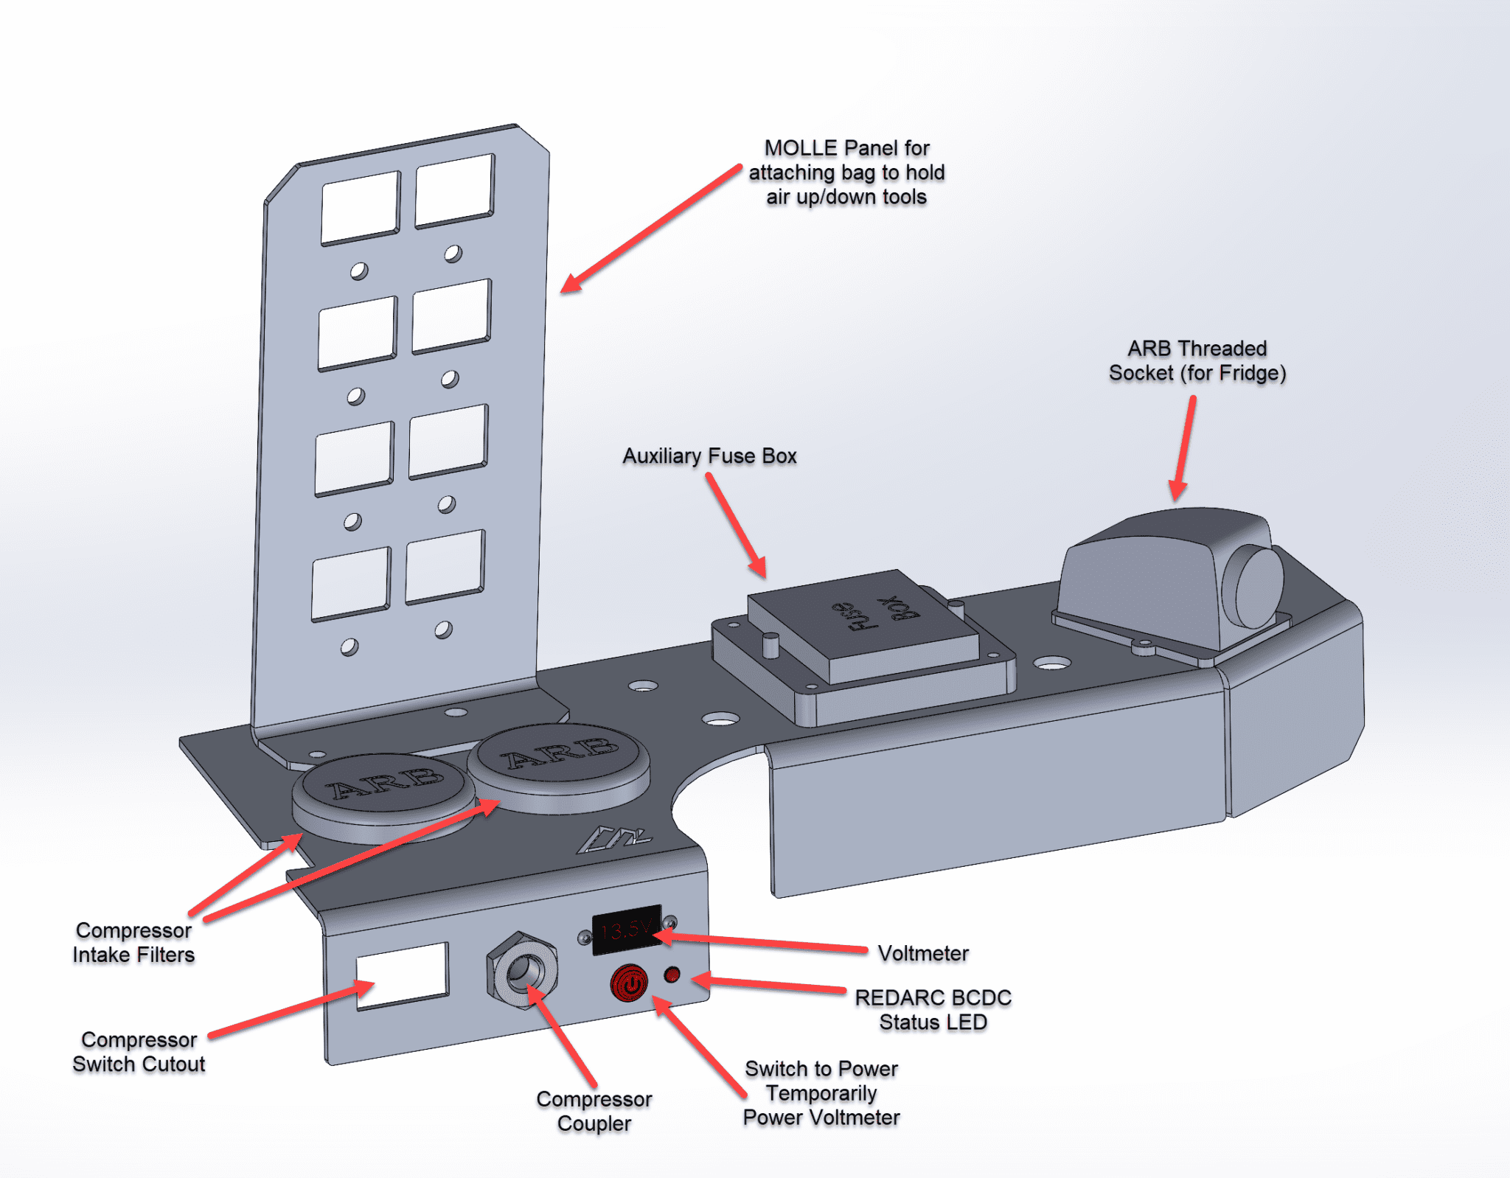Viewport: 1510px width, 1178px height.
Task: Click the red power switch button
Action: [629, 983]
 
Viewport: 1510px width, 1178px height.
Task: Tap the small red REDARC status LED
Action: [672, 975]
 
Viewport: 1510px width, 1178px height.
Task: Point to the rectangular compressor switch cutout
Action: [403, 975]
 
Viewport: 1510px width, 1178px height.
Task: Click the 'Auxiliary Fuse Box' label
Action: [709, 456]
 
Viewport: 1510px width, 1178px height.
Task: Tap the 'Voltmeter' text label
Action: [923, 954]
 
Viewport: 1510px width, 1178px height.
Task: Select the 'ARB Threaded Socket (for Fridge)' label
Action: [1197, 360]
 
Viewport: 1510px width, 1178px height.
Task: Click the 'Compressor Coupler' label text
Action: [594, 1111]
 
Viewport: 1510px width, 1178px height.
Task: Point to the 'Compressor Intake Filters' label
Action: [133, 943]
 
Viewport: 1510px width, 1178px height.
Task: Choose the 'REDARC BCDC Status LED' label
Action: [933, 1010]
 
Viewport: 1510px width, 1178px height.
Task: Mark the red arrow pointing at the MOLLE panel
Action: [649, 229]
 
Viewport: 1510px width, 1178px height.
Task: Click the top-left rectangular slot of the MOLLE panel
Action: [361, 208]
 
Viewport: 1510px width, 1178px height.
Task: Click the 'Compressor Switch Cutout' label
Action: [139, 1052]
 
